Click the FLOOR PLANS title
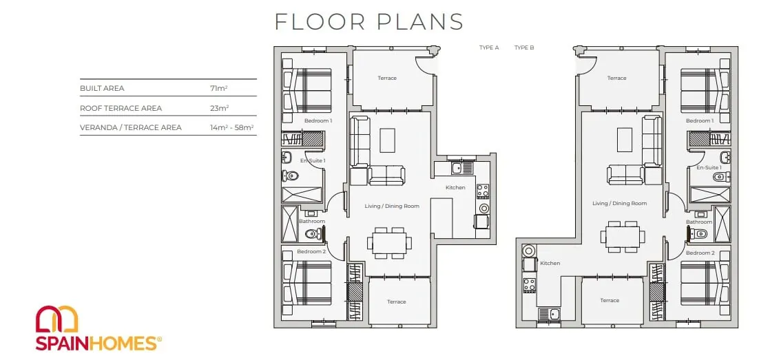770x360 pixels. pyautogui.click(x=368, y=22)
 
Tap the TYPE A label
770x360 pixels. pyautogui.click(x=489, y=47)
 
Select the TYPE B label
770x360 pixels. pyautogui.click(x=524, y=47)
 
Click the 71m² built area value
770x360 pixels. pyautogui.click(x=218, y=88)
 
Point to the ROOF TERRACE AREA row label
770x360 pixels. pyautogui.click(x=121, y=108)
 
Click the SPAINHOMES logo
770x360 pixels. pyautogui.click(x=98, y=328)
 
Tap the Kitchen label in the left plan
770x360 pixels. pyautogui.click(x=455, y=187)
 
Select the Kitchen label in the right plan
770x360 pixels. pyautogui.click(x=550, y=264)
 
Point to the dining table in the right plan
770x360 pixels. pyautogui.click(x=623, y=237)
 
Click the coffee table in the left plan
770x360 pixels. pyautogui.click(x=387, y=140)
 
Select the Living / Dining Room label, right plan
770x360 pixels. pyautogui.click(x=619, y=203)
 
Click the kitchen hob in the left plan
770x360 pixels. pyautogui.click(x=482, y=191)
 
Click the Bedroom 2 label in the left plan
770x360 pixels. pyautogui.click(x=311, y=252)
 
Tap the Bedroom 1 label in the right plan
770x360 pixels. pyautogui.click(x=700, y=120)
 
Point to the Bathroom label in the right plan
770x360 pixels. pyautogui.click(x=699, y=222)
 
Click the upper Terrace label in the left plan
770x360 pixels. pyautogui.click(x=387, y=78)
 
